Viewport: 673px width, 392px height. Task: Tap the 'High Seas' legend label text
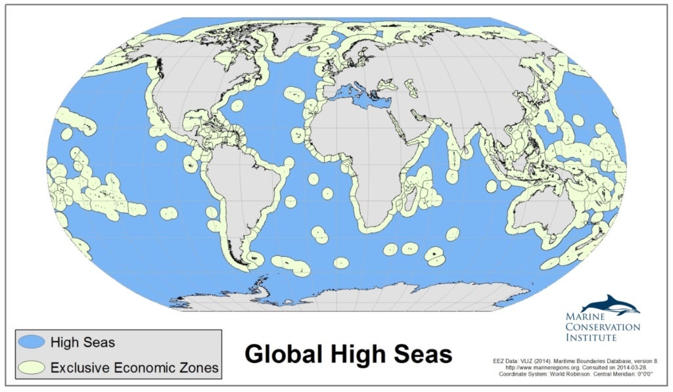[83, 342]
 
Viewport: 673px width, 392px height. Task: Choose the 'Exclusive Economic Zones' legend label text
[134, 367]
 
